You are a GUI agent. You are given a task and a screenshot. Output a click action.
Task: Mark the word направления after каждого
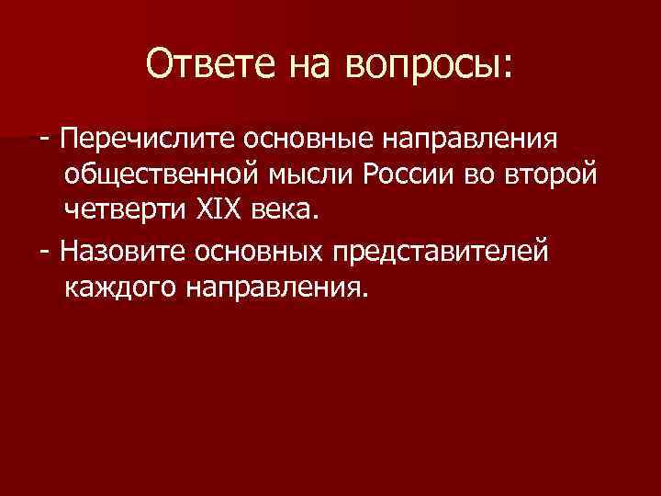pyautogui.click(x=276, y=288)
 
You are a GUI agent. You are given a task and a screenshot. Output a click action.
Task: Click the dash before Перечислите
pyautogui.click(x=45, y=140)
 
